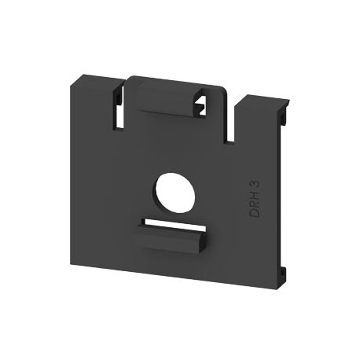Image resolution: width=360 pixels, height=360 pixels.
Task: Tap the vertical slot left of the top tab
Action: point(118,110)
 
